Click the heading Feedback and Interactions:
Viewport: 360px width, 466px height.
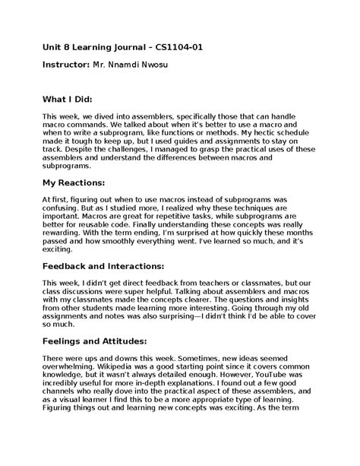pos(103,266)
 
